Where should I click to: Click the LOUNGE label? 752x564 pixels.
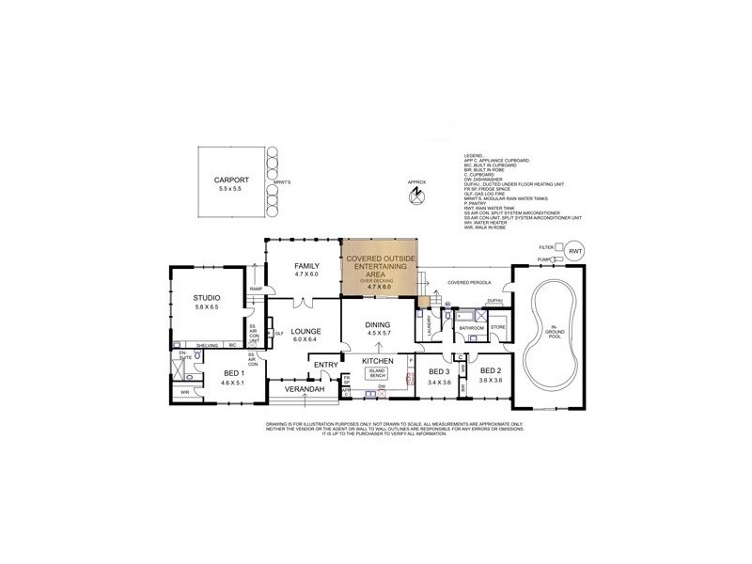(x=306, y=331)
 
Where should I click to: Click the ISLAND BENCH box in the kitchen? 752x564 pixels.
(x=375, y=373)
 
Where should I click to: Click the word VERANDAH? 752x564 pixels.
(x=305, y=389)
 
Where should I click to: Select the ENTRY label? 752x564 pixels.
(x=326, y=365)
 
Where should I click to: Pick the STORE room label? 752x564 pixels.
(x=498, y=328)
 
